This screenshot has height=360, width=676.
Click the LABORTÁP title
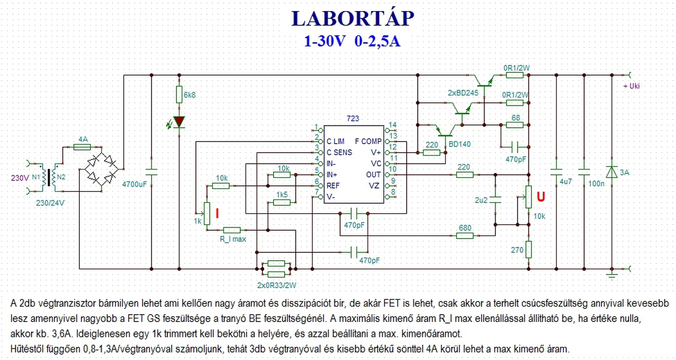click(x=352, y=18)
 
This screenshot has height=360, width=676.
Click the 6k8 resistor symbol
click(x=179, y=94)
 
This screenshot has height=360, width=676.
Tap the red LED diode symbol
click(x=179, y=121)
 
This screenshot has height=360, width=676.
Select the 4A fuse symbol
click(x=82, y=147)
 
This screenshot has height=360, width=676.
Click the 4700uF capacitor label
click(x=134, y=184)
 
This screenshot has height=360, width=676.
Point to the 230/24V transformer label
click(x=50, y=203)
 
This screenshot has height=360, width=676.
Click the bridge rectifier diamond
click(x=101, y=169)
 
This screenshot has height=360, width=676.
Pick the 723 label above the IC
click(x=353, y=118)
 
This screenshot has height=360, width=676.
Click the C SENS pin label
click(x=339, y=153)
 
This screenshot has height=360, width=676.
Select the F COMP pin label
click(x=368, y=141)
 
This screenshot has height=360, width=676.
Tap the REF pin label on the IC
click(x=333, y=186)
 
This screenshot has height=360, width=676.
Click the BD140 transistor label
click(x=459, y=144)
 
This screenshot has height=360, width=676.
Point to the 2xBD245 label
click(x=463, y=93)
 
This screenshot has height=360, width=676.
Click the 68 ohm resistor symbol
click(x=514, y=125)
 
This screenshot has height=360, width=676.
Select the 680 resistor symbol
click(x=465, y=236)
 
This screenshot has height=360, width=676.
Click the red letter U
click(x=541, y=196)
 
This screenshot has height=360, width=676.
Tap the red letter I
click(x=217, y=213)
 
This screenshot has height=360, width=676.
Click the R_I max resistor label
click(x=233, y=239)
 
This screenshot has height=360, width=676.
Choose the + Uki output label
click(x=632, y=86)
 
